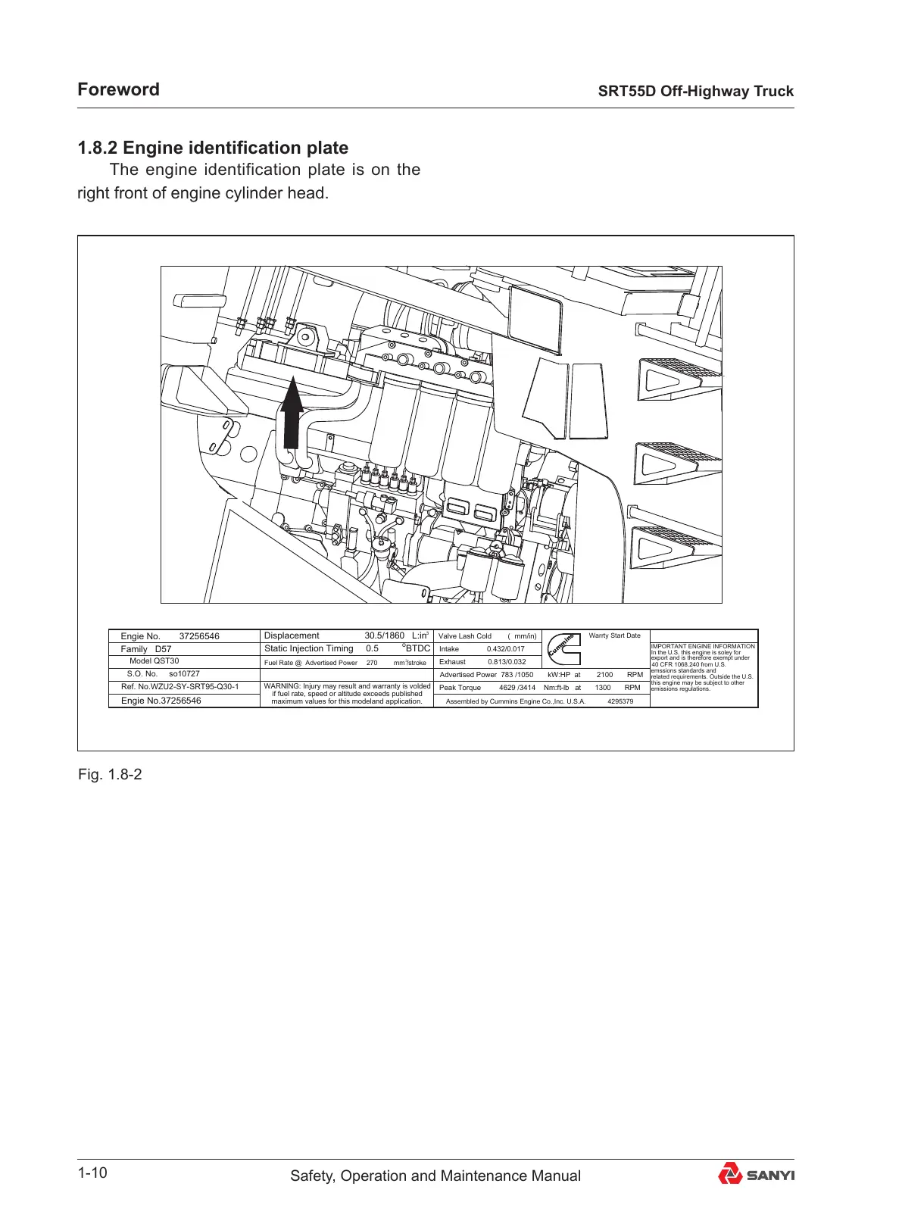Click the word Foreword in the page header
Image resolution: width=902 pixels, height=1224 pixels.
118,89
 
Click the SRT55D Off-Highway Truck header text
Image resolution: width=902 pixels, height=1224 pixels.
695,91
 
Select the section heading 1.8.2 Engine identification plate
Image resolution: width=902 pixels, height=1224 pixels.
213,148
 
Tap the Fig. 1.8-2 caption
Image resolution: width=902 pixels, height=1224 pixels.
110,774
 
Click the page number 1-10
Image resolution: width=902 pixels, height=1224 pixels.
92,1173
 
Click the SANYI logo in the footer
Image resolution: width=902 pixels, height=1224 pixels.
756,1175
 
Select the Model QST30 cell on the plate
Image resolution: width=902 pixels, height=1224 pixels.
154,661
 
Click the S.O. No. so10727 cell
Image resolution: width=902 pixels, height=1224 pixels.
164,673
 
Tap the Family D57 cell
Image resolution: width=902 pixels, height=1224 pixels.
146,649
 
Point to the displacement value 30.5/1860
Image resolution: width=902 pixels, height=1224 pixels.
384,635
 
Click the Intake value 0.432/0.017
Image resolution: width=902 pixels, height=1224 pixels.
505,649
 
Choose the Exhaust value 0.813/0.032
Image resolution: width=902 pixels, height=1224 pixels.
506,662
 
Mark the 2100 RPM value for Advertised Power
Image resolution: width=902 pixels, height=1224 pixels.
604,674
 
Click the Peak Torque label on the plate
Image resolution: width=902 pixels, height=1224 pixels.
460,688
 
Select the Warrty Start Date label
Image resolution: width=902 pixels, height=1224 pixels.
614,635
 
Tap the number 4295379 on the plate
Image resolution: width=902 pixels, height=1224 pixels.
620,701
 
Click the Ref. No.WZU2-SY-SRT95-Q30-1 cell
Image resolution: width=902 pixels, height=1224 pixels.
179,687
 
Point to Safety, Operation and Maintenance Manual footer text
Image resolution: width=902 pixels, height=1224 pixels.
435,1176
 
